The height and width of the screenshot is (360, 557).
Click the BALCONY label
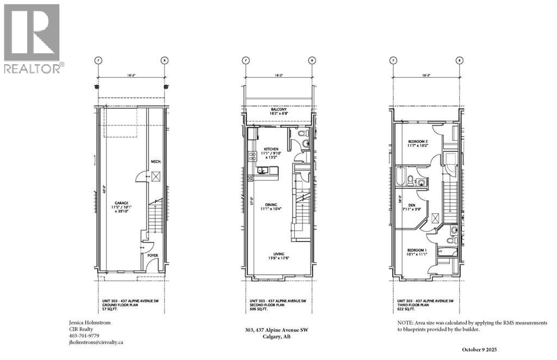click(278, 109)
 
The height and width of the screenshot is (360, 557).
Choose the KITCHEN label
click(271, 148)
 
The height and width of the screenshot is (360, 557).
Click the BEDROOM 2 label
click(418, 142)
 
